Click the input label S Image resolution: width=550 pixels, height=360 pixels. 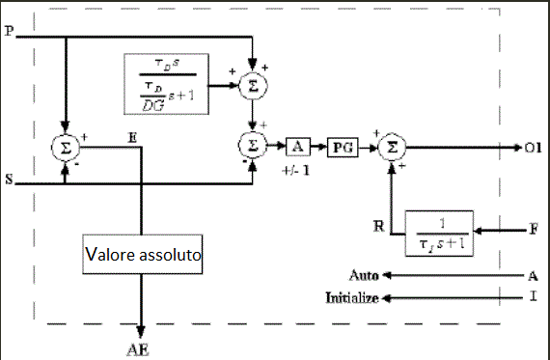9,180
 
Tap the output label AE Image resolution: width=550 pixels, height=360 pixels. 141,350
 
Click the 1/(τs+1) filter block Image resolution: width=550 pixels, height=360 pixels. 440,233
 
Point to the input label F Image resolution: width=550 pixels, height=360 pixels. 533,232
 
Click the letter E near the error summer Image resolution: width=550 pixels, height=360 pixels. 131,138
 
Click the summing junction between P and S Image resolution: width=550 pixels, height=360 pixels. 66,147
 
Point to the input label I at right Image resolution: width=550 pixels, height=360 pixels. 533,297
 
